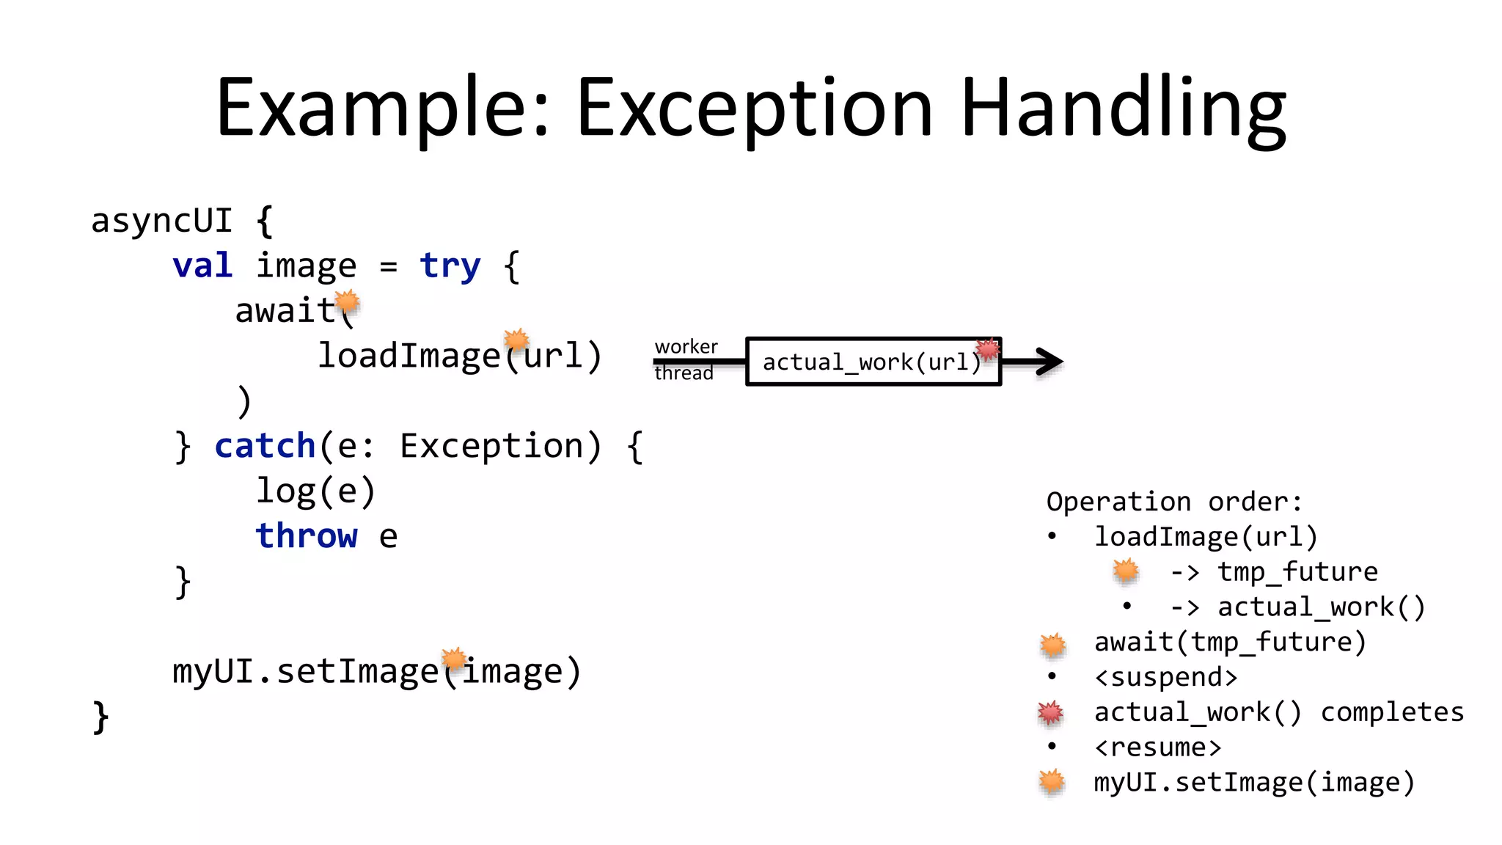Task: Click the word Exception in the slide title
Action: pos(755,109)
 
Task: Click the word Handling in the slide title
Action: pos(1123,109)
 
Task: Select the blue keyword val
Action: pos(202,265)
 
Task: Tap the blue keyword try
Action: pos(450,266)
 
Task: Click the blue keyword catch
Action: pos(265,446)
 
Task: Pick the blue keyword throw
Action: pos(307,535)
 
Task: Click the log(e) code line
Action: pos(315,491)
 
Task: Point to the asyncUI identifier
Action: pos(161,220)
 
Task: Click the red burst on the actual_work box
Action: pos(988,348)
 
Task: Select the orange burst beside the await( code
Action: pos(347,301)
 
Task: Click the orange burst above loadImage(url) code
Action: pos(516,339)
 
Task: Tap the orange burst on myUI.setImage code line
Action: pos(454,658)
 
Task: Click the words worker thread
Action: pos(685,359)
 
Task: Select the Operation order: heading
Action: pos(1173,502)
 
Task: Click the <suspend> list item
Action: pos(1165,677)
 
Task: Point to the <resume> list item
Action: pos(1157,747)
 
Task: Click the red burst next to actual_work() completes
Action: pos(1050,712)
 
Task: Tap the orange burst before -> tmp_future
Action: pos(1126,571)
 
